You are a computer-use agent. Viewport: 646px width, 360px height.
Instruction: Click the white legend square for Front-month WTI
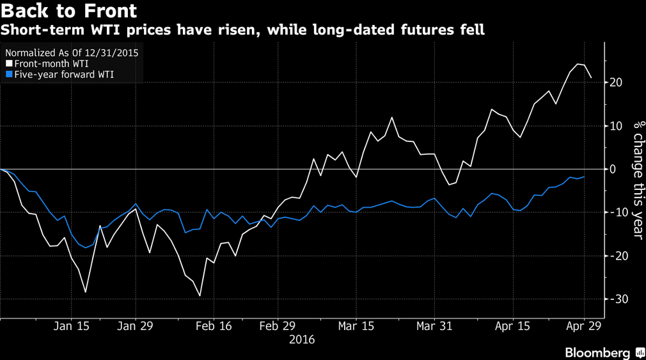[x=8, y=64]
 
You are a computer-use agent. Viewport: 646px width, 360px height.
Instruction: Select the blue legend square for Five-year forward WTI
[x=8, y=74]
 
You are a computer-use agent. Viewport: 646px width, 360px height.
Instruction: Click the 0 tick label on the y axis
[x=613, y=169]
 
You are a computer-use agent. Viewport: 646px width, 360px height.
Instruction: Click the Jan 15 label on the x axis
[x=71, y=325]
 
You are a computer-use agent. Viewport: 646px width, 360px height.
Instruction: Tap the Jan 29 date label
[x=136, y=325]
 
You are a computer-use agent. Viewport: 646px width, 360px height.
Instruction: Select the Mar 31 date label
[x=434, y=325]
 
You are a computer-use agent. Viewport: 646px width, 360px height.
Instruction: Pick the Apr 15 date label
[x=512, y=325]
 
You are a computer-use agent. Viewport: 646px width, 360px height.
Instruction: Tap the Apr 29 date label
[x=583, y=325]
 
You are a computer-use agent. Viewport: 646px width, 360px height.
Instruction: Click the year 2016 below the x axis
[x=302, y=340]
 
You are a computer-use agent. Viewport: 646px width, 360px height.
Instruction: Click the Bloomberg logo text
[x=598, y=352]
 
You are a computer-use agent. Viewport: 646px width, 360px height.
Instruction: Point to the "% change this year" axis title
[x=637, y=180]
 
